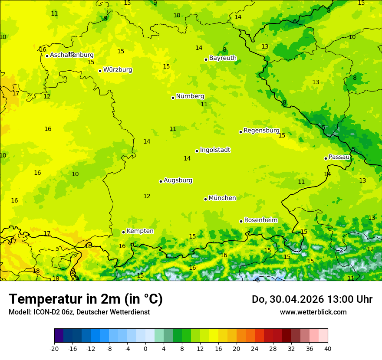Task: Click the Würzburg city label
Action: (x=118, y=70)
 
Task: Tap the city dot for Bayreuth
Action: (x=206, y=60)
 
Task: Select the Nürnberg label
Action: (x=190, y=96)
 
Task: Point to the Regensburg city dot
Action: (x=240, y=132)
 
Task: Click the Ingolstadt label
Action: (x=215, y=150)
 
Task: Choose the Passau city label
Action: (x=339, y=157)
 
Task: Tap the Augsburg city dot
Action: (x=161, y=181)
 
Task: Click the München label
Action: (x=222, y=198)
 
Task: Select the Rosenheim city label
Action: (x=260, y=220)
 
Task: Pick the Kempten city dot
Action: (x=123, y=232)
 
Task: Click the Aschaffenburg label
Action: (x=72, y=55)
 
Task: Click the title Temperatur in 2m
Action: (x=86, y=299)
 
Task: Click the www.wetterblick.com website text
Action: (x=313, y=312)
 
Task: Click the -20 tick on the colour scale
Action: (x=54, y=349)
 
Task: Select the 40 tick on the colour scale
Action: (x=327, y=349)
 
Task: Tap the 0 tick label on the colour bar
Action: (x=145, y=349)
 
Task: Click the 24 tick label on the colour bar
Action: (x=254, y=349)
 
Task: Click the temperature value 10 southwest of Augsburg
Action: (x=75, y=174)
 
